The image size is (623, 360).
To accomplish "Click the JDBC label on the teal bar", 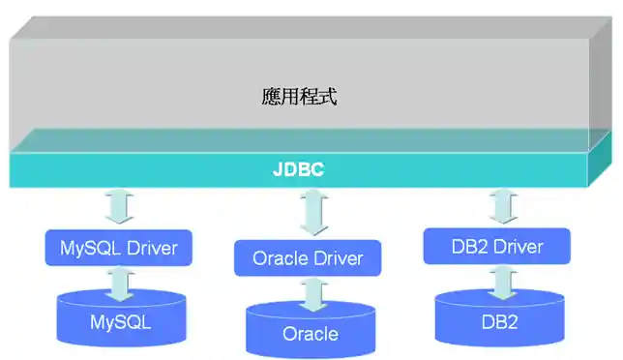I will [x=298, y=170].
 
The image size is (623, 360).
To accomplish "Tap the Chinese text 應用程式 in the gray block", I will [x=299, y=97].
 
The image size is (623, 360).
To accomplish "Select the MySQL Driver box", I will [x=119, y=248].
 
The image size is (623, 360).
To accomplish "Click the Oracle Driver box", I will [x=308, y=258].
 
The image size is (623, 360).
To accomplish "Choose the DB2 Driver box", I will [x=498, y=247].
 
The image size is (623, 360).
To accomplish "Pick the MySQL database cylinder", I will [x=120, y=320].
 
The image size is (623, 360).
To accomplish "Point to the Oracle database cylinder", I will [x=310, y=331].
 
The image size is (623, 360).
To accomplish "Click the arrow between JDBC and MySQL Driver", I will [x=120, y=207].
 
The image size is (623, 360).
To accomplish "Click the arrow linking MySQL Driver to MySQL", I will [x=120, y=282].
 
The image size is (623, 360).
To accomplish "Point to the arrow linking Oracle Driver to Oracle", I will [x=311, y=292].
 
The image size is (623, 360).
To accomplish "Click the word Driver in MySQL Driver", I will [x=150, y=248].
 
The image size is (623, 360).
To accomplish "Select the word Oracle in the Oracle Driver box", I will [x=280, y=258].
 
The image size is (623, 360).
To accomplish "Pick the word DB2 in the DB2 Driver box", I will [x=470, y=247].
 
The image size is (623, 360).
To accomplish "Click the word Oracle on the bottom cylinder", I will [x=310, y=334].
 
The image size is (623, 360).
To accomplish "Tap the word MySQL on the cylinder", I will [x=120, y=322].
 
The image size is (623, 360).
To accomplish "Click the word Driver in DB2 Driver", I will [x=518, y=247].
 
